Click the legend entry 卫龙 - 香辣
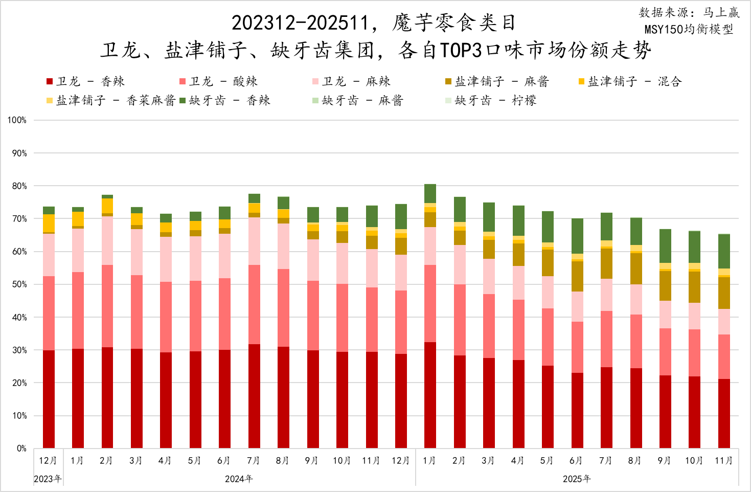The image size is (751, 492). tap(85, 81)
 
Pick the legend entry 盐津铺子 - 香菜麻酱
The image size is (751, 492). tap(111, 100)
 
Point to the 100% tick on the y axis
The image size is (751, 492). tap(17, 120)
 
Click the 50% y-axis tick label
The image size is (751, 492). tap(19, 284)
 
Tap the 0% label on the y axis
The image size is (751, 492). tap(21, 449)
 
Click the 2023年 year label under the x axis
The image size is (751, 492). tap(48, 479)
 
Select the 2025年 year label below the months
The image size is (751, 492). tap(577, 479)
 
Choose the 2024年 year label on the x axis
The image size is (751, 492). tap(239, 479)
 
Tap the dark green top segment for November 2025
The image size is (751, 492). tap(724, 251)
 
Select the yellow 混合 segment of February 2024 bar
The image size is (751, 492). tap(107, 206)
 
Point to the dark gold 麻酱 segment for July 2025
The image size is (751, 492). tap(606, 263)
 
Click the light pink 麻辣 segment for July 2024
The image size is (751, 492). tap(254, 241)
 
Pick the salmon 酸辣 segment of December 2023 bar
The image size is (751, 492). tap(49, 313)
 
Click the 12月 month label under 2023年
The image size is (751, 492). tap(48, 461)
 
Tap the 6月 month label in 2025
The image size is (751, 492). tap(576, 461)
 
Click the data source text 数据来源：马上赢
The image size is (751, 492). tap(689, 13)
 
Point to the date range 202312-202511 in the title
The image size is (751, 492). tap(300, 23)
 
